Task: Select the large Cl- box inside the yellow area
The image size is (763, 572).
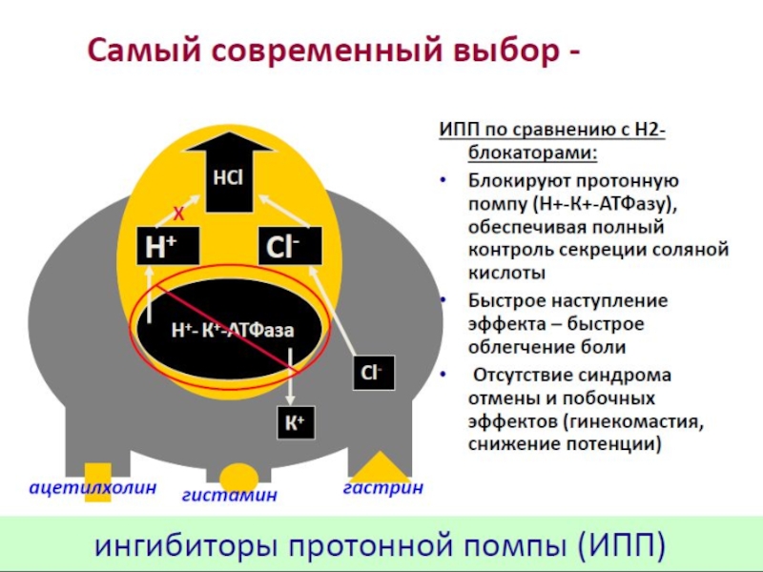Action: (290, 248)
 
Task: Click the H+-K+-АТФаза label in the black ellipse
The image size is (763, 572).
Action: (232, 330)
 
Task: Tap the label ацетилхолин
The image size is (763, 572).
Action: (92, 487)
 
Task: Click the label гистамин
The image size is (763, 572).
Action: (230, 495)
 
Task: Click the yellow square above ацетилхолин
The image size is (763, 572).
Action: (98, 474)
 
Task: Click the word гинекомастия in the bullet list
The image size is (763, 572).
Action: (623, 420)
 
